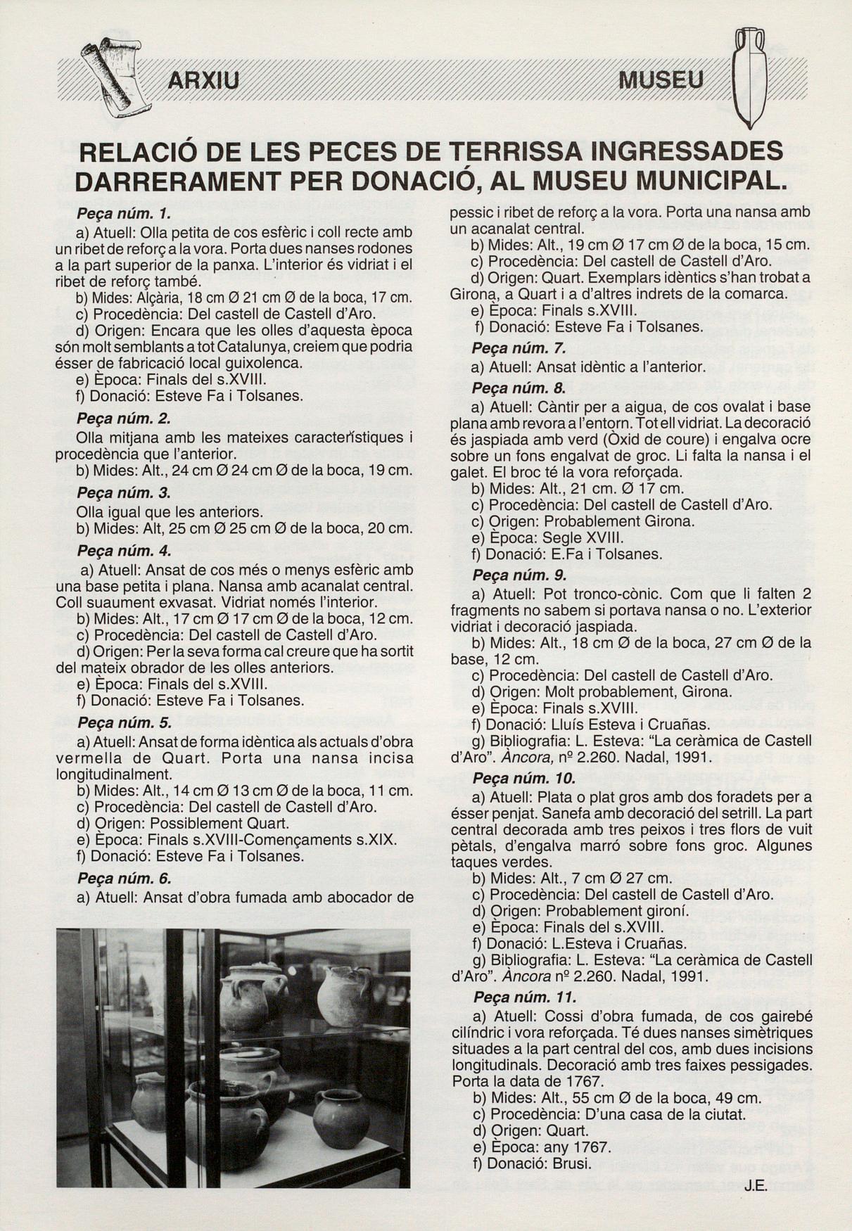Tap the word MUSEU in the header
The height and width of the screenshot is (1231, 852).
tap(661, 80)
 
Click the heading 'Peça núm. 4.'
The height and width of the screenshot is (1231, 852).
tap(125, 551)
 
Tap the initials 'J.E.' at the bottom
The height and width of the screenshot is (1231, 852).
tap(755, 1186)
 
